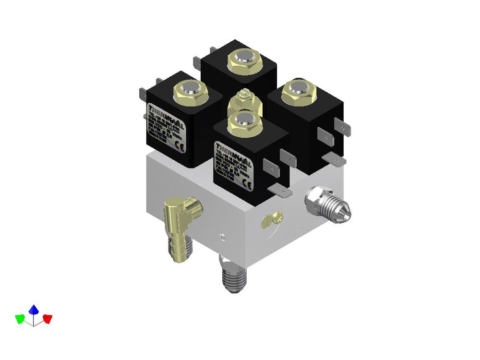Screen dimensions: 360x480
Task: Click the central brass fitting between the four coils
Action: pyautogui.click(x=245, y=102)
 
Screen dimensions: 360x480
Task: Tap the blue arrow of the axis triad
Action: pyautogui.click(x=34, y=310)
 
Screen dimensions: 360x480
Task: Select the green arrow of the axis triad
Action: pyautogui.click(x=20, y=318)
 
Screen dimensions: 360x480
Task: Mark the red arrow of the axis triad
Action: pyautogui.click(x=47, y=318)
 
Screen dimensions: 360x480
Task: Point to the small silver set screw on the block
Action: pyautogui.click(x=222, y=236)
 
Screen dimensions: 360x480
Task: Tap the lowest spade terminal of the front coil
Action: pyautogui.click(x=280, y=191)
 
